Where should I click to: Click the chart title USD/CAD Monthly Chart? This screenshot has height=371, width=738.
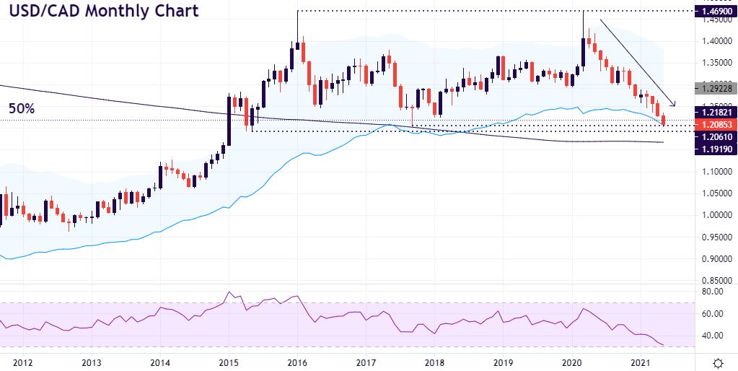104,12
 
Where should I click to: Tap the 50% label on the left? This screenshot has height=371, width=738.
22,108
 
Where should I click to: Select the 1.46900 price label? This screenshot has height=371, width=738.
713,12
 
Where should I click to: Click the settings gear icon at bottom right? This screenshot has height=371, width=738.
719,362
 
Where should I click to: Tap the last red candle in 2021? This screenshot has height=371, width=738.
664,120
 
